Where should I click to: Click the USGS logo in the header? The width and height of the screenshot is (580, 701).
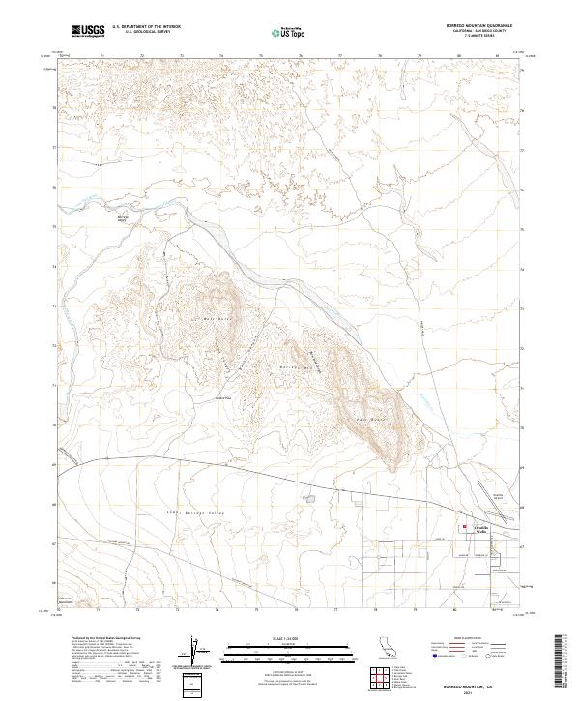[x=89, y=32]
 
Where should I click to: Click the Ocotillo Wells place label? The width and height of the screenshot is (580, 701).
[x=480, y=528]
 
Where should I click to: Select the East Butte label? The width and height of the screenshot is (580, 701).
[x=370, y=418]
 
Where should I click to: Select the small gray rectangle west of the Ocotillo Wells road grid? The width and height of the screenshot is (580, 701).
[x=309, y=500]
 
